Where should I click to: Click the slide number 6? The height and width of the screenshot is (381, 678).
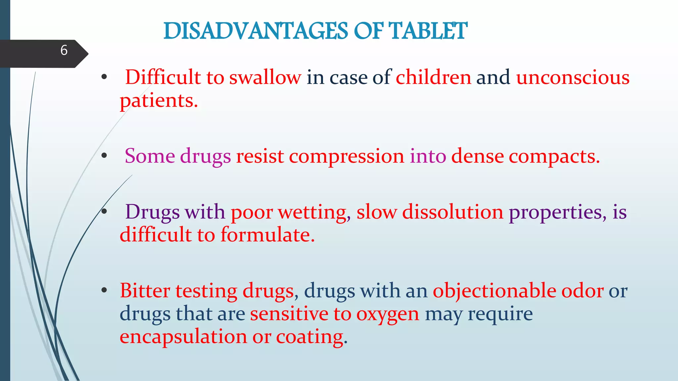tap(64, 50)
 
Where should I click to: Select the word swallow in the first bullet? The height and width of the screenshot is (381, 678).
tap(265, 77)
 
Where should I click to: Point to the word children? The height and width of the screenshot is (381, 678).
tap(433, 77)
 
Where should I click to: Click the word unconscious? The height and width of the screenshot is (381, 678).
tap(573, 77)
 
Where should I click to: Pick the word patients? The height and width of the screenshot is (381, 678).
tap(159, 101)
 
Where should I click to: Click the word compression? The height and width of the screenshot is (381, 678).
tap(347, 156)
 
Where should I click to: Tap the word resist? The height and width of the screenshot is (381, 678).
tap(260, 156)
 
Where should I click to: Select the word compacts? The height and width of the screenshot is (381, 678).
tap(554, 156)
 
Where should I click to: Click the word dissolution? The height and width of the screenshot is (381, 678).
tap(453, 212)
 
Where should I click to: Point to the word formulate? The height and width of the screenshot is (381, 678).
tap(267, 235)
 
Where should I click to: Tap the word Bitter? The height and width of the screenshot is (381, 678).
tap(145, 291)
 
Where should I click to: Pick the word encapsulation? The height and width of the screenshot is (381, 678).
tap(183, 337)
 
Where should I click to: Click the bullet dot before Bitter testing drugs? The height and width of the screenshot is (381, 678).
tap(104, 290)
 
